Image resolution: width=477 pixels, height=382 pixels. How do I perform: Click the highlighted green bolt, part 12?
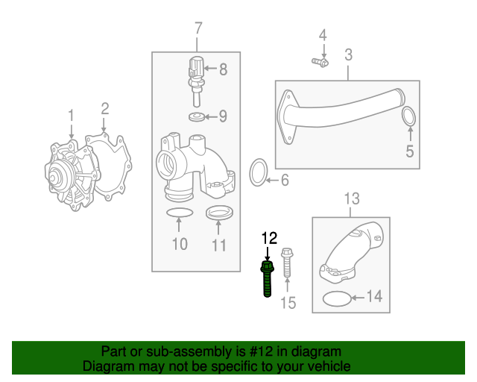[x=268, y=279]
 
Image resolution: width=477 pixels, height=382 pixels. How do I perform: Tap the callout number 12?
[x=270, y=238]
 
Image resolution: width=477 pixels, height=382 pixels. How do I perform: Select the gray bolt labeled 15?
[x=287, y=263]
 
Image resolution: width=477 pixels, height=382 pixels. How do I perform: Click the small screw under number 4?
[x=320, y=62]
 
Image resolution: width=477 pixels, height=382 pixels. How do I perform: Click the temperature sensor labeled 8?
[x=195, y=81]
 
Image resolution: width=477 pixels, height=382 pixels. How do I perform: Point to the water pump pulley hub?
[x=54, y=178]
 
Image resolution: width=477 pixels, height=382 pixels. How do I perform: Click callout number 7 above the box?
[x=198, y=28]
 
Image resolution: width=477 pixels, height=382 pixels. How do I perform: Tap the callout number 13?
[x=352, y=198]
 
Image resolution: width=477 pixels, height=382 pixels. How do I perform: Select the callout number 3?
[x=349, y=54]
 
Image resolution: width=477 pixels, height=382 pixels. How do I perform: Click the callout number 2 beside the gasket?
[x=105, y=109]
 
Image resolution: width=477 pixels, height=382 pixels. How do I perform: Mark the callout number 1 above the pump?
[x=72, y=116]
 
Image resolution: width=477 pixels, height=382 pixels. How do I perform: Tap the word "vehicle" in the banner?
[x=331, y=366]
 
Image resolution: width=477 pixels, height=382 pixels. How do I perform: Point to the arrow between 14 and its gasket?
[x=358, y=297]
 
